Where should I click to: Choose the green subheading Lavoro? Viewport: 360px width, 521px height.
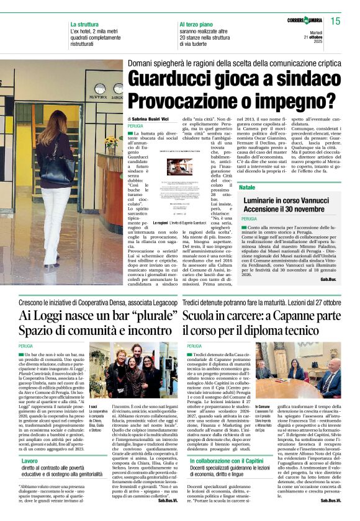(29, 461)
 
